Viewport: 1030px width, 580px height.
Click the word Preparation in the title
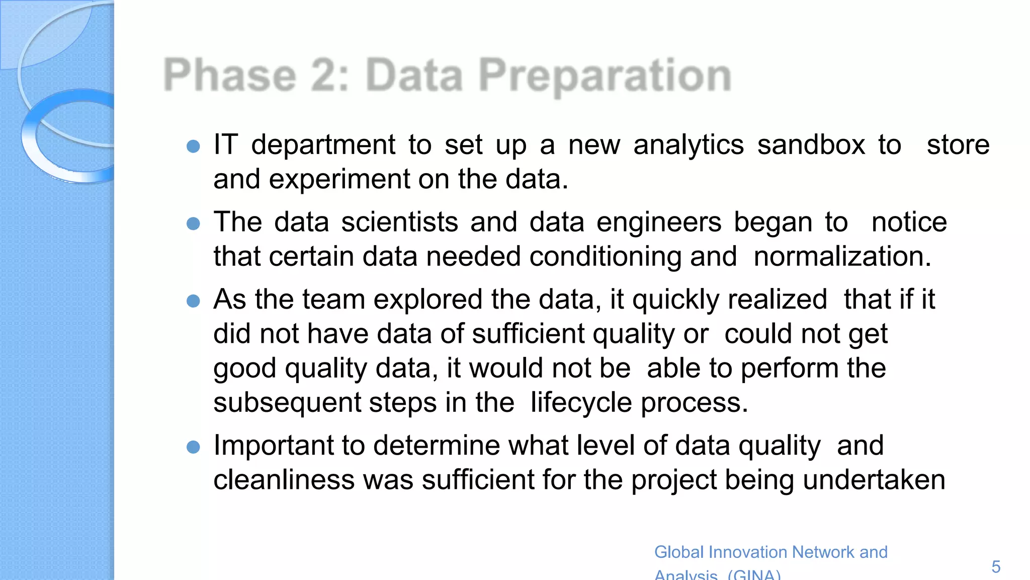(605, 76)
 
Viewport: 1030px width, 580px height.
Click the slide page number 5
(996, 567)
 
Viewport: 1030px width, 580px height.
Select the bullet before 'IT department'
(193, 147)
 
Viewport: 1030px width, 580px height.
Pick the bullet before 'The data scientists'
(193, 224)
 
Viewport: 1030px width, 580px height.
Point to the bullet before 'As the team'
(193, 301)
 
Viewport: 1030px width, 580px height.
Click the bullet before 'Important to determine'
(193, 447)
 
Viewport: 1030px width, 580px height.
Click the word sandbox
(811, 145)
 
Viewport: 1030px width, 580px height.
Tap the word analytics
(688, 145)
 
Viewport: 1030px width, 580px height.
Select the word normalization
(842, 256)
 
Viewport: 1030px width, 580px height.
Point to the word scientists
(399, 222)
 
